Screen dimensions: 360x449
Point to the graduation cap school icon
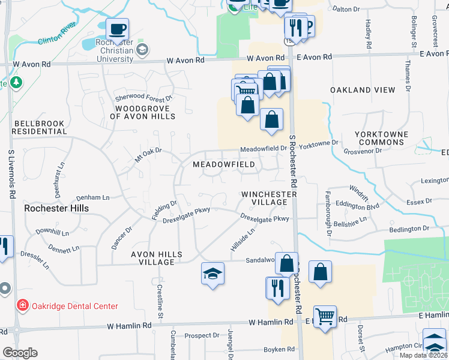click(212, 274)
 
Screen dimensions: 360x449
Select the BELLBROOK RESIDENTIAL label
click(38, 127)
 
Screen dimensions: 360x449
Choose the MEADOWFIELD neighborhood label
click(224, 164)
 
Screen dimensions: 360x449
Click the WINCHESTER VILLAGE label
click(269, 198)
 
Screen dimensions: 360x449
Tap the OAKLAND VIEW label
click(363, 90)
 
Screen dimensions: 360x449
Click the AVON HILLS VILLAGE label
click(157, 258)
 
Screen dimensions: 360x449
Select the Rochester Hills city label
click(56, 208)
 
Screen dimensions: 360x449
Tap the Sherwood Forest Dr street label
click(144, 97)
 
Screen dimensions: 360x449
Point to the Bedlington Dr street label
click(409, 229)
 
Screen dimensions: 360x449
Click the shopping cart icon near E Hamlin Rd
click(325, 315)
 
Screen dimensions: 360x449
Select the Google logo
click(20, 353)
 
